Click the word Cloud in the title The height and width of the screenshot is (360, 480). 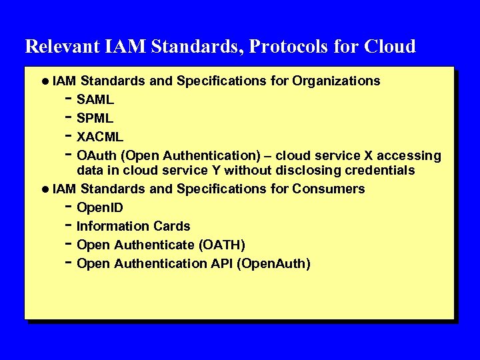pos(390,47)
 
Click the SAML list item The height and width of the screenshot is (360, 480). pos(95,100)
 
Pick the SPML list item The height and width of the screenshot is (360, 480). pos(95,119)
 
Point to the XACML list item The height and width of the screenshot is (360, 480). pos(100,137)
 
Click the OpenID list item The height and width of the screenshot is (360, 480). pos(100,208)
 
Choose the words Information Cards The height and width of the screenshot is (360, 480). pos(133,227)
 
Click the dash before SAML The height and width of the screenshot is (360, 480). pos(69,99)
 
